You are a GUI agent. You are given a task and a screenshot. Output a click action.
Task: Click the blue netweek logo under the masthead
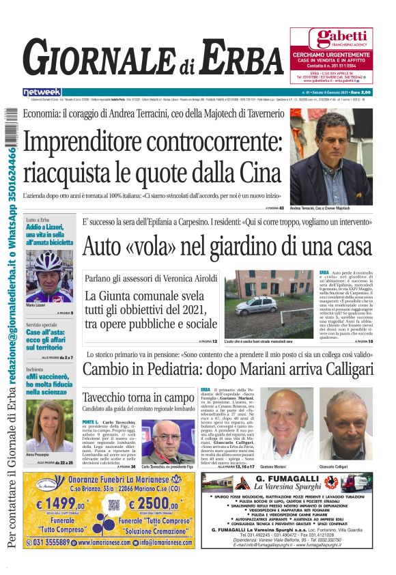(42, 92)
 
